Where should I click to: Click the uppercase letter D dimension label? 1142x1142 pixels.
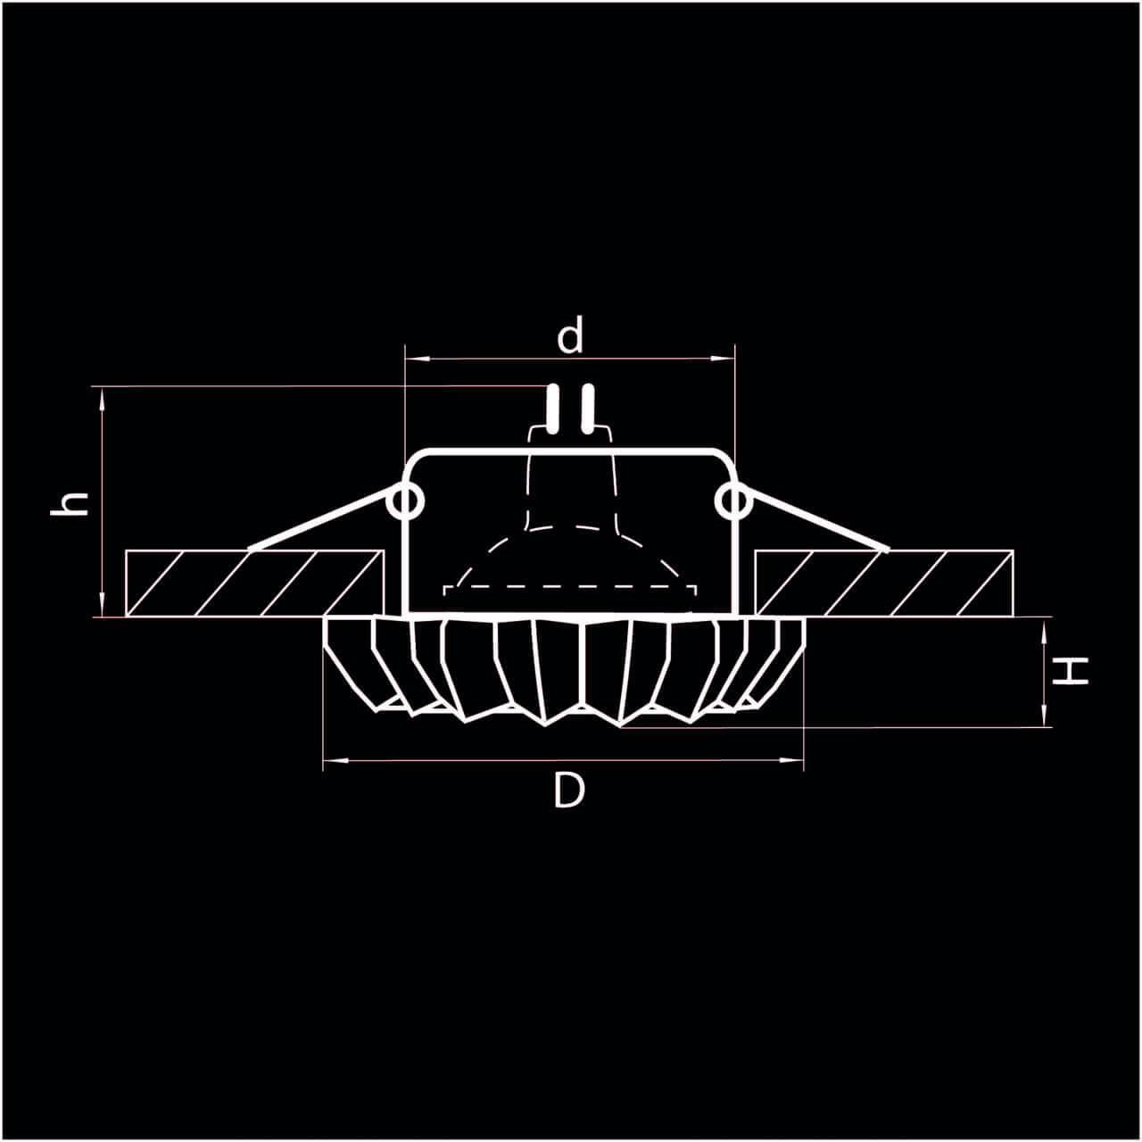point(568,790)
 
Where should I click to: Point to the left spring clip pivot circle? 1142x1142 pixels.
point(407,501)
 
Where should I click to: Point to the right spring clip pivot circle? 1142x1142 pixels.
point(732,501)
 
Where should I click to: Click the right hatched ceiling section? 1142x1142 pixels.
point(883,583)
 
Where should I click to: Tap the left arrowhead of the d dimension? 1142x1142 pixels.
point(412,359)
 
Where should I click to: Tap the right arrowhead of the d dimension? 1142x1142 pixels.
point(726,359)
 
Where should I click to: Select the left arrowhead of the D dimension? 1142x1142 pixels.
point(330,760)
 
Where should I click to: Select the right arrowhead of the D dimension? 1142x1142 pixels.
point(796,760)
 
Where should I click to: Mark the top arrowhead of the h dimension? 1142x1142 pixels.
point(103,394)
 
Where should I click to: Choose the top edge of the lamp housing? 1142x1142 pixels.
point(571,451)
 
